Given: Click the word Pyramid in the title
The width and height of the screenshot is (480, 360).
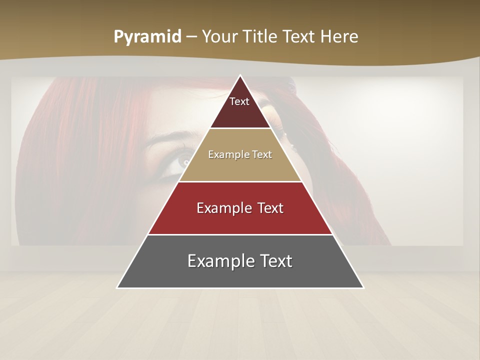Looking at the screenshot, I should coord(147,37).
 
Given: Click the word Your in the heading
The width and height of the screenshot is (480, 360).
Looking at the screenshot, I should coord(221,37).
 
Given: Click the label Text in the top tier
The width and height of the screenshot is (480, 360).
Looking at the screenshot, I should coord(239,101).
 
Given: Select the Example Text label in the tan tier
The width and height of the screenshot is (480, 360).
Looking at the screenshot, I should coord(240,154).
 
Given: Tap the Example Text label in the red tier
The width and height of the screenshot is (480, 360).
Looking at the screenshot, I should coord(240,208).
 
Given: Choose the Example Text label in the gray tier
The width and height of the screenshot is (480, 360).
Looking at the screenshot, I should coord(240,261).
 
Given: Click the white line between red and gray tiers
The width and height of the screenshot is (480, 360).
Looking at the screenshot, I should coord(240,234).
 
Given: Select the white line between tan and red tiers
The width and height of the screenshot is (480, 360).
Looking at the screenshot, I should coord(240,181).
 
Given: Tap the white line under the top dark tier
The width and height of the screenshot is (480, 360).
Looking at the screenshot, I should coord(240,128).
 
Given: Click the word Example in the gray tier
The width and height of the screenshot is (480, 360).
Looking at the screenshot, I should coord(217,261).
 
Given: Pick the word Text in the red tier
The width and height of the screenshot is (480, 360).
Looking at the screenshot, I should coord(269,208).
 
